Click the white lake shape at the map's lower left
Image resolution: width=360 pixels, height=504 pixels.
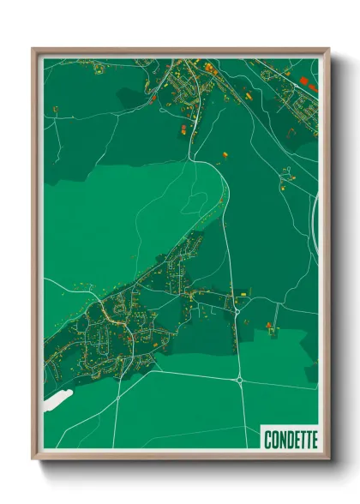click(57, 400)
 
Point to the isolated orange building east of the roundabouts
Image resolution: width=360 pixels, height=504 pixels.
click(269, 325)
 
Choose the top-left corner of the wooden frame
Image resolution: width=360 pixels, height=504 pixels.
click(33, 50)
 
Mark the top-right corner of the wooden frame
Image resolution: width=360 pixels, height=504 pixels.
click(327, 50)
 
